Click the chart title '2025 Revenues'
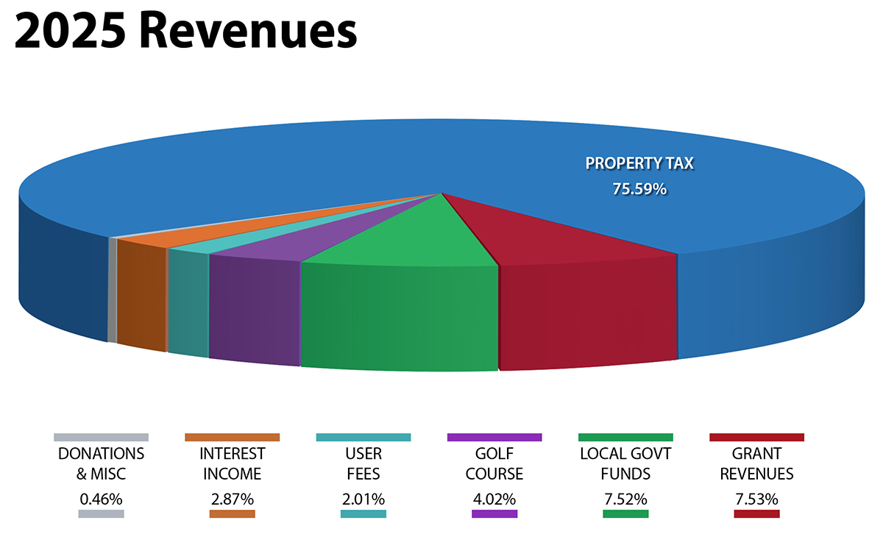(185, 32)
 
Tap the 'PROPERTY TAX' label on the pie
(639, 163)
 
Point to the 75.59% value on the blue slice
(639, 189)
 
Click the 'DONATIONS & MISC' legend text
(102, 463)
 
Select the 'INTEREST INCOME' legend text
(233, 463)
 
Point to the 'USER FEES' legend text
(364, 463)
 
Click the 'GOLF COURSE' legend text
(494, 463)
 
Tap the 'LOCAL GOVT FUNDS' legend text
(625, 463)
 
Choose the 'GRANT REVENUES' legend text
(756, 463)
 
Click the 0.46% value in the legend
(102, 499)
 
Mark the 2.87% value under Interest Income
(233, 499)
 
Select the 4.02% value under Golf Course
(494, 499)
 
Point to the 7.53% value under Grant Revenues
(756, 499)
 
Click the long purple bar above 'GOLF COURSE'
(494, 437)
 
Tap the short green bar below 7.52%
(625, 514)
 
